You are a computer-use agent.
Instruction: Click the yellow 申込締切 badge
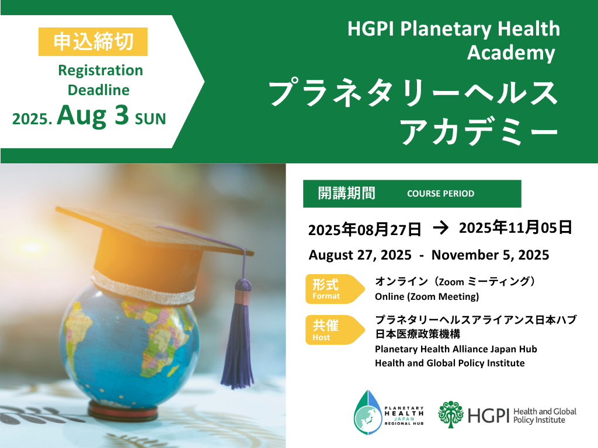[x=93, y=41]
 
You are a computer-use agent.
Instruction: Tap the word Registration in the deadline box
[x=100, y=71]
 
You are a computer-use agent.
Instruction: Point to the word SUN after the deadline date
[x=151, y=119]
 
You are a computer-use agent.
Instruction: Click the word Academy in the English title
[x=511, y=52]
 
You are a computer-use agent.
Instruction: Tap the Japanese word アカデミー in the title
[x=479, y=132]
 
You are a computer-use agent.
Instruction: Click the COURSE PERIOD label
[x=440, y=194]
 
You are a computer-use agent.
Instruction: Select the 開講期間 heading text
[x=347, y=193]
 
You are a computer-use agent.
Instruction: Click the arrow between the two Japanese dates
[x=440, y=228]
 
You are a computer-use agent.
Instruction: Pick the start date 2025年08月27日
[x=364, y=229]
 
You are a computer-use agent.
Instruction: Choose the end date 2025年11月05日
[x=515, y=228]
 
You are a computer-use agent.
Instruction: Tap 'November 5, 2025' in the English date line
[x=490, y=255]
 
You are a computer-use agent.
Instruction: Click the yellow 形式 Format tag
[x=335, y=289]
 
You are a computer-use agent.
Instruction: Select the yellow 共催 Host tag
[x=335, y=330]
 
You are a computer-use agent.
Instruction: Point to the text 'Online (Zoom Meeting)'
[x=427, y=296]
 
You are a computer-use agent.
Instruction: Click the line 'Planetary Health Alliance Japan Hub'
[x=456, y=349]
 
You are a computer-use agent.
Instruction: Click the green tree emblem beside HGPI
[x=451, y=415]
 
